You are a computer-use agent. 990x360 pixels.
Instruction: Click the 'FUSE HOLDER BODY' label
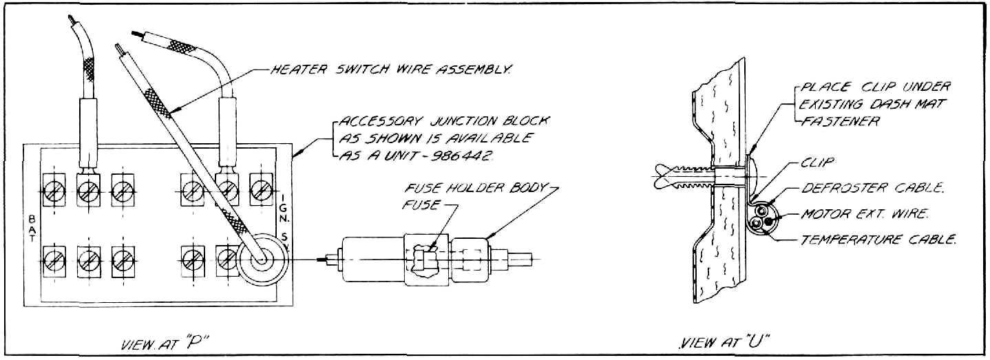476,188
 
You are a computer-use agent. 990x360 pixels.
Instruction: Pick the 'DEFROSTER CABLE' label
873,188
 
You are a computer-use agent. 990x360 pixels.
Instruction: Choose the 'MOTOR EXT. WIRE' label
865,214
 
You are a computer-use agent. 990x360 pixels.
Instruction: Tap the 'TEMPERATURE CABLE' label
878,240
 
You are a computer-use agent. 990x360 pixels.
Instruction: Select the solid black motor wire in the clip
770,220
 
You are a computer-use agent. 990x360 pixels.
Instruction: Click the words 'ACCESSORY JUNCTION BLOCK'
444,120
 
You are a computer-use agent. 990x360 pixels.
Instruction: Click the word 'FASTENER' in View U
839,121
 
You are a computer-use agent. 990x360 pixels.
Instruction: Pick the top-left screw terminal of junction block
54,191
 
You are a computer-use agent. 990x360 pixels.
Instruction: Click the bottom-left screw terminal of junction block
54,261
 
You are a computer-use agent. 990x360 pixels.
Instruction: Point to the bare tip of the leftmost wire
71,20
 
